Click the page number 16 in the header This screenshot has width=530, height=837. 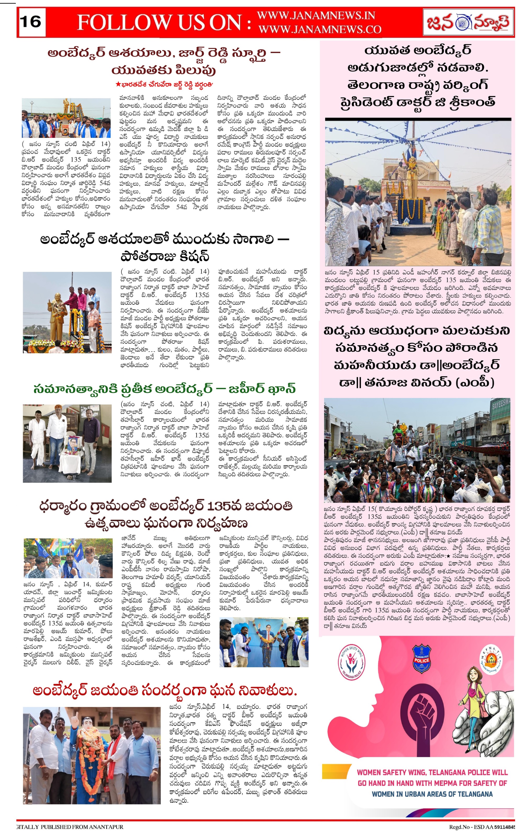click(31, 22)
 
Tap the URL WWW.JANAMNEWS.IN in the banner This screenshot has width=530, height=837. click(316, 16)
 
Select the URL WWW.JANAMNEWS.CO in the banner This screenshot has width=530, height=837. click(320, 30)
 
